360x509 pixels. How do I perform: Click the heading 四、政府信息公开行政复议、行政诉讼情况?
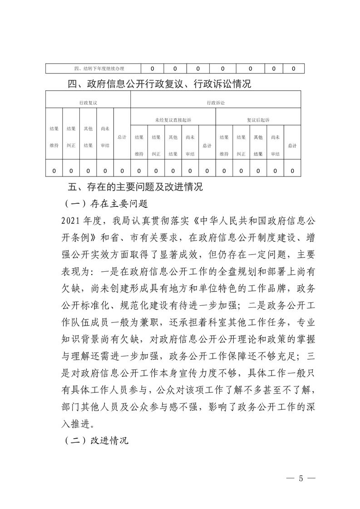tap(159, 84)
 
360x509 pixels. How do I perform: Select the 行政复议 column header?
tap(88, 103)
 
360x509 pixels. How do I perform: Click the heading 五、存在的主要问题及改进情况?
tap(134, 187)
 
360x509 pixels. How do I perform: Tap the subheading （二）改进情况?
tap(96, 440)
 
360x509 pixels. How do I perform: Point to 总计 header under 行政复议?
tap(122, 137)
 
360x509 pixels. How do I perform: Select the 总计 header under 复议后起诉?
tap(292, 145)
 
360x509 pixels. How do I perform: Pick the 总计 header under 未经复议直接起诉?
tap(207, 145)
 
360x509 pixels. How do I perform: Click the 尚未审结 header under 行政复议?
tap(105, 137)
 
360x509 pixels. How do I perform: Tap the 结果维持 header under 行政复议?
tap(54, 137)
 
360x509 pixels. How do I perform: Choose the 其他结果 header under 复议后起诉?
tap(258, 145)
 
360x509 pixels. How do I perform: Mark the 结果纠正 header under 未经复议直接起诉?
tap(156, 145)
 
